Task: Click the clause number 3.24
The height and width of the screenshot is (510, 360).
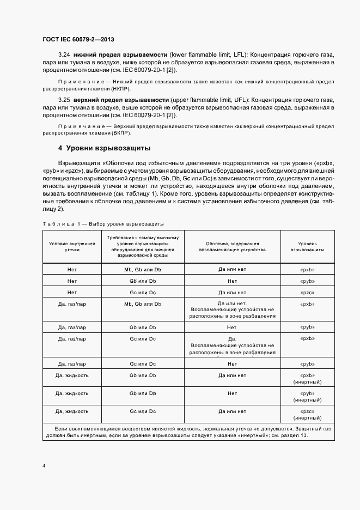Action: [x=64, y=55]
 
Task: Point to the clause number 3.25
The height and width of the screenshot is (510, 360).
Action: [x=64, y=100]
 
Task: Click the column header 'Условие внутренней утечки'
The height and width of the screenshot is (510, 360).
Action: [x=72, y=246]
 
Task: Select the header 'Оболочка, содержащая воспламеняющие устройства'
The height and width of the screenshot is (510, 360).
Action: [x=233, y=246]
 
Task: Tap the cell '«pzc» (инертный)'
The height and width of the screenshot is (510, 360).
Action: [x=308, y=415]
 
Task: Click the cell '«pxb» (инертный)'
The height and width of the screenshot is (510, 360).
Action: [x=308, y=379]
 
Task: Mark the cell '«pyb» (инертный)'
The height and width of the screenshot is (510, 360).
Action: [x=308, y=397]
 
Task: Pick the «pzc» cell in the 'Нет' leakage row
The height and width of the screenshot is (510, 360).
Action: [x=308, y=293]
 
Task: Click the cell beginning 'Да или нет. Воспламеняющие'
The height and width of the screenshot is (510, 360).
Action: [x=233, y=309]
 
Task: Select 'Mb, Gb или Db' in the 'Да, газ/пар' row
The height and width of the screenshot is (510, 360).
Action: [x=143, y=303]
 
